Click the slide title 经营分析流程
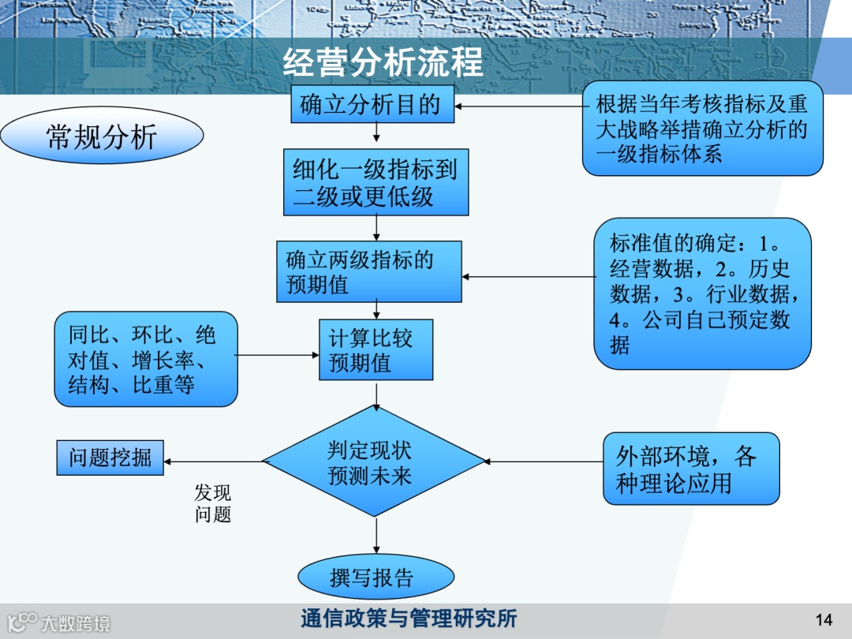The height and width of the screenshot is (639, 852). pyautogui.click(x=383, y=62)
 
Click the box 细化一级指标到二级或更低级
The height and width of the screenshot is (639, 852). pyautogui.click(x=376, y=182)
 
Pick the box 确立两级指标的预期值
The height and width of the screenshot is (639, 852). pyautogui.click(x=368, y=272)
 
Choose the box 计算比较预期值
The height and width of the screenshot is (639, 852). pyautogui.click(x=376, y=350)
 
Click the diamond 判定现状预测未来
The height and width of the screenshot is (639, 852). pyautogui.click(x=371, y=462)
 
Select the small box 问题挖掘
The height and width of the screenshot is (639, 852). pyautogui.click(x=110, y=458)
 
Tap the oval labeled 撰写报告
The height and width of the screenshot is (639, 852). pyautogui.click(x=376, y=577)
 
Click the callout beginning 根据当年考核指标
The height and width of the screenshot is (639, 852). pyautogui.click(x=702, y=128)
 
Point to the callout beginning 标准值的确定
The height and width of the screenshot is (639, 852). pyautogui.click(x=702, y=293)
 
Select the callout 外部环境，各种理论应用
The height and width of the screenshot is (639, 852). pyautogui.click(x=691, y=469)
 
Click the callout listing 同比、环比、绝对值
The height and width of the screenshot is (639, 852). pyautogui.click(x=146, y=359)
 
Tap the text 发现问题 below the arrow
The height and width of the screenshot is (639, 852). pyautogui.click(x=212, y=503)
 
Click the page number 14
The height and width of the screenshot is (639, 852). pyautogui.click(x=824, y=619)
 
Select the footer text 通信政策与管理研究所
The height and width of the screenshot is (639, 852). pyautogui.click(x=408, y=618)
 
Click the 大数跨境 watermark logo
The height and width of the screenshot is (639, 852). pyautogui.click(x=58, y=623)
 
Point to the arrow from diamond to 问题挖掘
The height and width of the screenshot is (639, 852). pyautogui.click(x=213, y=461)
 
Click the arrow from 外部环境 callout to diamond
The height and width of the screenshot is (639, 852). pyautogui.click(x=544, y=461)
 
